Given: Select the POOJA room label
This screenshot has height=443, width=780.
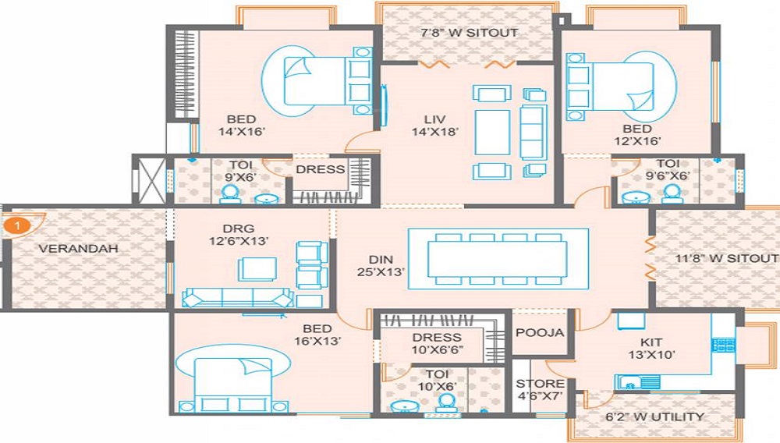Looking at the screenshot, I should tap(540, 332).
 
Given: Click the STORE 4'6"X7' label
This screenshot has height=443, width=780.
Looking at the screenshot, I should tap(540, 390).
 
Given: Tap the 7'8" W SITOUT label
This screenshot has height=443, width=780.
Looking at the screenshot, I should tap(470, 33).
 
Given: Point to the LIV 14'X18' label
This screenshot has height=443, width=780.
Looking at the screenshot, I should tap(434, 126).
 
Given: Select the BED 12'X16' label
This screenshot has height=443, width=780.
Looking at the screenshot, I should tap(637, 134).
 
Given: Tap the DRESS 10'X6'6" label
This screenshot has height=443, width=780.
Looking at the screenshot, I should tap(437, 343).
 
